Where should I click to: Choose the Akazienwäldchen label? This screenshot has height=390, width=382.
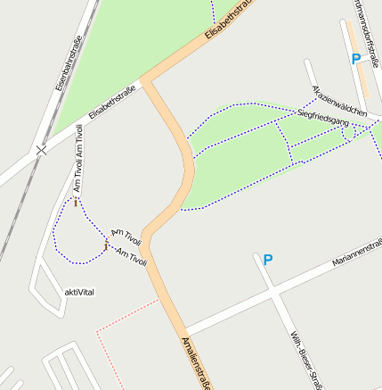[340, 103]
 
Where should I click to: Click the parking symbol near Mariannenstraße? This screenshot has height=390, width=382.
[267, 261]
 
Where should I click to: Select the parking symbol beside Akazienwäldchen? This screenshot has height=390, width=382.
[356, 59]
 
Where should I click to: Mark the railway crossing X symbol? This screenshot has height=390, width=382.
[40, 150]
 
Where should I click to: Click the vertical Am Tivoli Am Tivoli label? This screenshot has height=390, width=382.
[78, 160]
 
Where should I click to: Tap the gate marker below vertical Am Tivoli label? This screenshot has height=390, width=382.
[76, 203]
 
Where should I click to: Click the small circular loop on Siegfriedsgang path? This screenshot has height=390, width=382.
[348, 132]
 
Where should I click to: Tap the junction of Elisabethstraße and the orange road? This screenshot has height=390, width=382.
[147, 81]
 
